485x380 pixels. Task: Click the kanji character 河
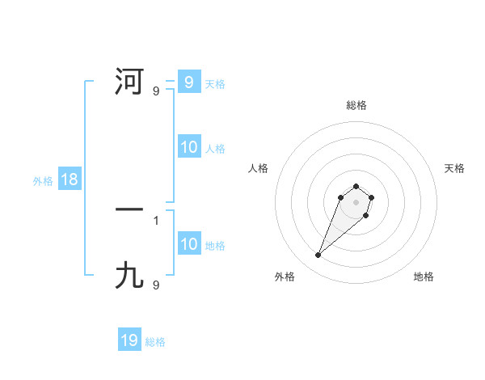coord(129,82)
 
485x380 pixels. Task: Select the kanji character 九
coord(129,276)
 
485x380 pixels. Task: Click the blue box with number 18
coord(69,179)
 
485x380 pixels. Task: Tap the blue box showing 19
coord(129,340)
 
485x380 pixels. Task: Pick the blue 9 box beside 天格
coord(188,82)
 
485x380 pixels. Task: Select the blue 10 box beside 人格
coord(188,147)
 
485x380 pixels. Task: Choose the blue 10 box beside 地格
coord(188,244)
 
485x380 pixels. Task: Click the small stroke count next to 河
coord(156,91)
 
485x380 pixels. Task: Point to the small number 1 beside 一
coord(156,220)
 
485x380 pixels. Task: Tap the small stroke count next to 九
coord(156,285)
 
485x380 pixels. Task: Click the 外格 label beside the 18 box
coord(43,181)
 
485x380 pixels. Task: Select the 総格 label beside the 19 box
coord(155,342)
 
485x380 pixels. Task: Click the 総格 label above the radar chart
coord(356,105)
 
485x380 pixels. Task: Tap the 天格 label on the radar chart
coord(454,168)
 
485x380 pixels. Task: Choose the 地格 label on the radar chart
coord(424,277)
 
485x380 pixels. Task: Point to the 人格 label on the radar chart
coord(259,168)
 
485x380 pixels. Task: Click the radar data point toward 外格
coord(318,255)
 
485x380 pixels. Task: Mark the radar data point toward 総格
coord(356,185)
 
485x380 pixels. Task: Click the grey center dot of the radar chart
coord(356,201)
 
